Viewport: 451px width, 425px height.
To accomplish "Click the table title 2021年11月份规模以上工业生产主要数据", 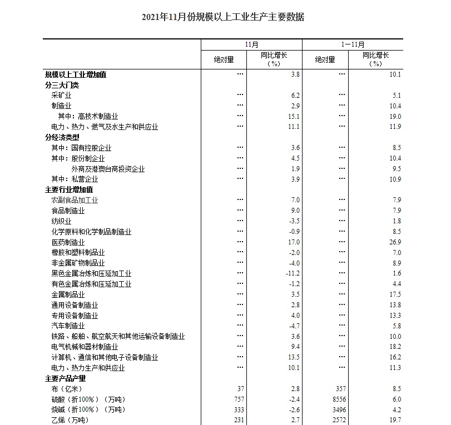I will coord(223,17).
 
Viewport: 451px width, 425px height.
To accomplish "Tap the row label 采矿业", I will coord(61,96).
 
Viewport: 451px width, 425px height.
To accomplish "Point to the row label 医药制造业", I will coord(68,242).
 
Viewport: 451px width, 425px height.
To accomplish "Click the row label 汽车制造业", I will coord(68,326).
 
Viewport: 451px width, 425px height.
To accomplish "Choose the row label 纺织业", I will coord(61,221).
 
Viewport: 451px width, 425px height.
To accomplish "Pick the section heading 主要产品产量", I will coord(65,379).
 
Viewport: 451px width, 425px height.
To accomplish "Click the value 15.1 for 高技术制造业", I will coord(294,117).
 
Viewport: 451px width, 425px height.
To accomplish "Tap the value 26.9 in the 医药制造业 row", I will coord(395,242).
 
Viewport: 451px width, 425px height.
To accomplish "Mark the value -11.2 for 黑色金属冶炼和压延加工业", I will coord(293,274).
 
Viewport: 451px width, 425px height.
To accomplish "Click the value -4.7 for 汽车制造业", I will coord(294,326).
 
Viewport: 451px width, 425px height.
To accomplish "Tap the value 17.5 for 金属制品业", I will coord(395,294).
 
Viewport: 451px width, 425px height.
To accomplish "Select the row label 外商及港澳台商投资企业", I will coord(108,169).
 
